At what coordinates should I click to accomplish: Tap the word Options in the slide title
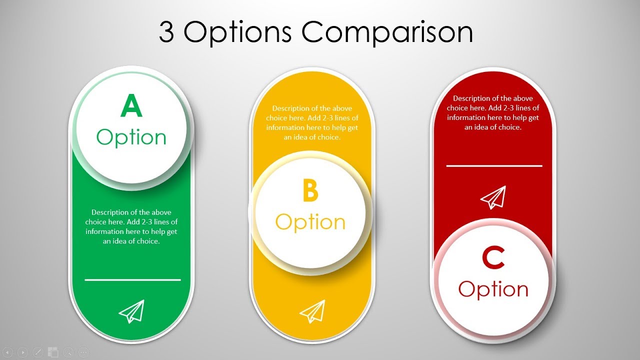[237, 33]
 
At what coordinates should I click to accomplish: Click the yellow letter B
[310, 191]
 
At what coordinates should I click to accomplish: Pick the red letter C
[493, 258]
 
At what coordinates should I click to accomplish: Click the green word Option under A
[131, 137]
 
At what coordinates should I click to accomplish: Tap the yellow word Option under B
[310, 222]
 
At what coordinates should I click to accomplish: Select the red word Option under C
[493, 289]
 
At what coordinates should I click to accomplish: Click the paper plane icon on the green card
[131, 311]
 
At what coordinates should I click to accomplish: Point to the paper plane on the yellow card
[312, 311]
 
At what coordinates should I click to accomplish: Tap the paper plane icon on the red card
[493, 197]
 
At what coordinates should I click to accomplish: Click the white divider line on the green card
[132, 280]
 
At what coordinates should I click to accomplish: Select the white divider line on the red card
[494, 165]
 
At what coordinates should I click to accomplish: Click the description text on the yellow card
[312, 122]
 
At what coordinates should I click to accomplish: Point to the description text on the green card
[131, 226]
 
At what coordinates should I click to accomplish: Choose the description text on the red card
[493, 113]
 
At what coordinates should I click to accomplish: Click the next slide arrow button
[22, 352]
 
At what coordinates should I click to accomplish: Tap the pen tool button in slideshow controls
[37, 352]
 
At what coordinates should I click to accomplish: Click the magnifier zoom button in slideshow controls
[68, 352]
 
